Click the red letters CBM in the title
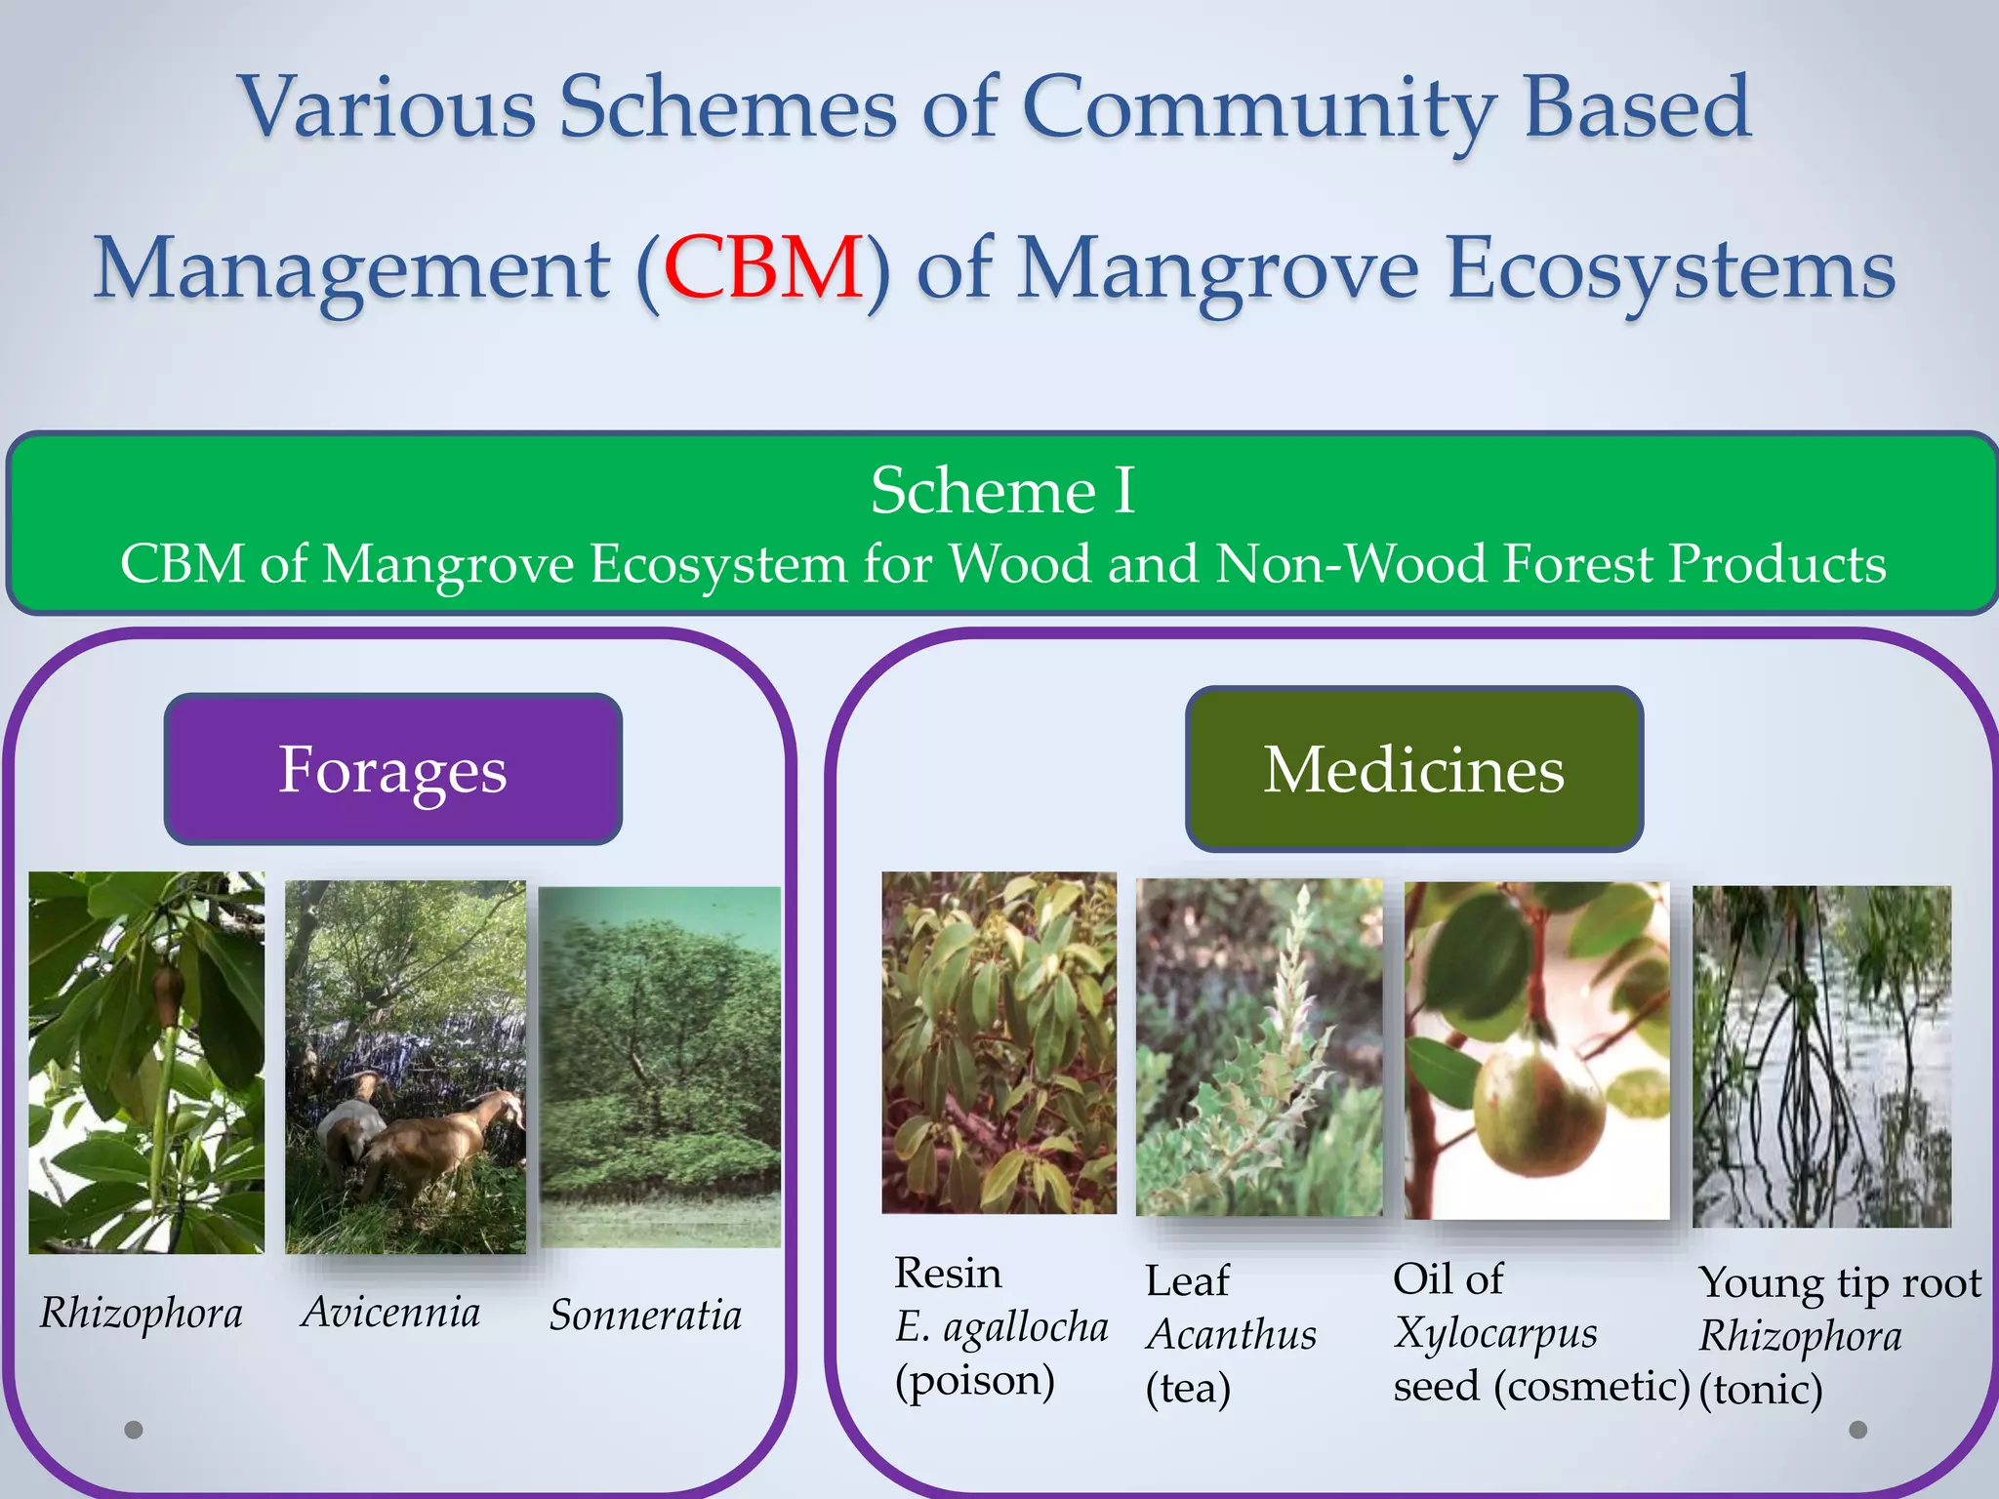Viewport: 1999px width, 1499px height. [x=762, y=268]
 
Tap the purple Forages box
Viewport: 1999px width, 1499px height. [x=392, y=769]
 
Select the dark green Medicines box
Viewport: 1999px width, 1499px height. [x=1413, y=769]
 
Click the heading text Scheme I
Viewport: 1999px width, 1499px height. [x=1002, y=490]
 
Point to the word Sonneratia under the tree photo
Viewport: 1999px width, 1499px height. [x=645, y=1315]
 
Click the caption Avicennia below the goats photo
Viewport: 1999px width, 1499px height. [x=390, y=1312]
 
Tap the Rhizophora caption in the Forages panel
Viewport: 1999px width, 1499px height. [x=142, y=1313]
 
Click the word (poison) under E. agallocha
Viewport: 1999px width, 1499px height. [x=975, y=1380]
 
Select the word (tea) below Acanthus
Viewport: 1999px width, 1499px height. [x=1188, y=1388]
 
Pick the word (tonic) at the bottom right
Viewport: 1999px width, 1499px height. [x=1760, y=1389]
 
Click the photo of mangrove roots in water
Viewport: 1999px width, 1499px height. [x=1821, y=1056]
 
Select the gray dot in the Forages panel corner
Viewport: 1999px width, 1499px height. [x=134, y=1430]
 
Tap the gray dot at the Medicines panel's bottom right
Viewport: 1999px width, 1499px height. [x=1858, y=1430]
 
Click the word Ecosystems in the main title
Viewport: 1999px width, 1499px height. [x=1670, y=268]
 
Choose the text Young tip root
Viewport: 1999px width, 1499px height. [x=1840, y=1282]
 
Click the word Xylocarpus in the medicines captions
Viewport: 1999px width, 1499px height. [x=1495, y=1333]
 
